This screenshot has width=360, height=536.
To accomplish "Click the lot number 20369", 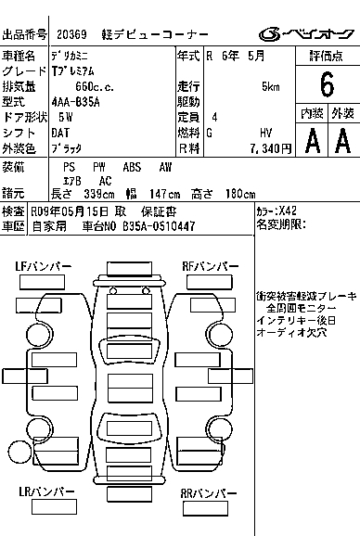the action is click(x=71, y=34).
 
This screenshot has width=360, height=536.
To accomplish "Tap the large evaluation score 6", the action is click(x=327, y=84).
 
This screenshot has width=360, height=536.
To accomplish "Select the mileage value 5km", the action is click(x=270, y=87).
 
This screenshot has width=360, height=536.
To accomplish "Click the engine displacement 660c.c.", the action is click(x=95, y=87).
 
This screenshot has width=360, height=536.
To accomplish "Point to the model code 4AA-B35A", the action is click(x=75, y=102).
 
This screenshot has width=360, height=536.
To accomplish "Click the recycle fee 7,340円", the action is click(x=270, y=148).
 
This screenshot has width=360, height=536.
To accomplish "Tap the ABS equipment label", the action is click(x=132, y=167).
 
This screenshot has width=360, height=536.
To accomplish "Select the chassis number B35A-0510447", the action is click(x=159, y=226).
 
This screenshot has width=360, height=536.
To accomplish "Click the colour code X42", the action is click(x=288, y=211).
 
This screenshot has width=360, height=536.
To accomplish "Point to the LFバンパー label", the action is click(x=44, y=266).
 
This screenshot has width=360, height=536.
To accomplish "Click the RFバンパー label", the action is click(x=211, y=266).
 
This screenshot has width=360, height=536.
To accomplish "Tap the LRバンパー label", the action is click(x=46, y=491).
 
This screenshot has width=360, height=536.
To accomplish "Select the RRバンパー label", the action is click(x=208, y=493).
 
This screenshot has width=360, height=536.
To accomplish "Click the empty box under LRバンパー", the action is click(x=54, y=507).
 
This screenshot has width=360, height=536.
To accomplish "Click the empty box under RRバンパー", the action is click(x=205, y=509).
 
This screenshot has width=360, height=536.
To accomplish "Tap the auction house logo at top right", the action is click(x=306, y=34).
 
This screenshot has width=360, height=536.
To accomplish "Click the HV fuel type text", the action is click(x=266, y=133).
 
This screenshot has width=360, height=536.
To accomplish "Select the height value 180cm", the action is click(x=240, y=194).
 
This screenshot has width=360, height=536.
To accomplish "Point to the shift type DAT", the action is click(x=60, y=133).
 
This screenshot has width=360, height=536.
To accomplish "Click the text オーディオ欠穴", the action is click(x=291, y=332).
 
